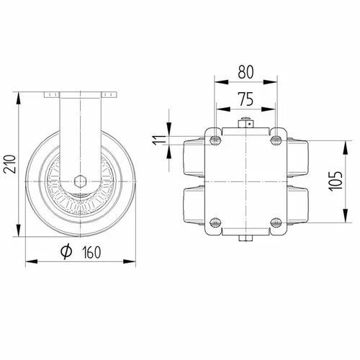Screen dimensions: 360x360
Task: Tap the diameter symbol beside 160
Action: coord(65,251)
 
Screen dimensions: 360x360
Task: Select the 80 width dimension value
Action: coord(246,73)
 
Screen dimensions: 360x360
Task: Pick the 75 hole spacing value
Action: coord(246,99)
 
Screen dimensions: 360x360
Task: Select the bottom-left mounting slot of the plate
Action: coord(215,222)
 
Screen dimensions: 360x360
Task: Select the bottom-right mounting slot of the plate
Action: coord(276,222)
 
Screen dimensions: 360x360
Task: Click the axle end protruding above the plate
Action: coord(246,122)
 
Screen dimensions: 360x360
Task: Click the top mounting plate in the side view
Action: coord(81,94)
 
